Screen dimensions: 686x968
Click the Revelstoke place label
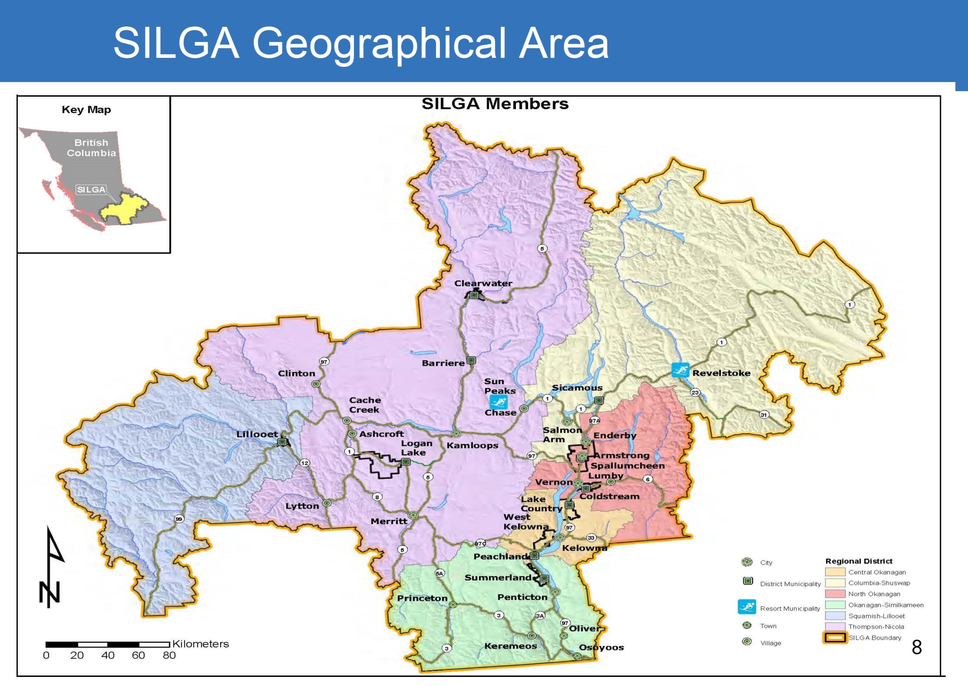pyautogui.click(x=721, y=373)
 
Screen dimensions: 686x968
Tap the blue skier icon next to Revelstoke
pyautogui.click(x=680, y=370)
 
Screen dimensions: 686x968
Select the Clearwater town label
pyautogui.click(x=483, y=283)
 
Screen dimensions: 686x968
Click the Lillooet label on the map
pyautogui.click(x=257, y=434)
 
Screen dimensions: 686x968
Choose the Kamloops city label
pyautogui.click(x=472, y=445)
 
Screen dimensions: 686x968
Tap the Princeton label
pyautogui.click(x=422, y=598)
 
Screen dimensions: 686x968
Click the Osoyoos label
pyautogui.click(x=601, y=647)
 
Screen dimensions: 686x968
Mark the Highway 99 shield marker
pyautogui.click(x=179, y=519)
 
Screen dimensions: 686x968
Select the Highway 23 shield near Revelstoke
pyautogui.click(x=695, y=392)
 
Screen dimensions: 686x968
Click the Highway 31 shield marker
pyautogui.click(x=764, y=415)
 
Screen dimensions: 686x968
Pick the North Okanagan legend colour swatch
pyautogui.click(x=835, y=594)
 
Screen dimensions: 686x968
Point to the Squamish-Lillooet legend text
pyautogui.click(x=876, y=616)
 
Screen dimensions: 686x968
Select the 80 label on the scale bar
pyautogui.click(x=169, y=656)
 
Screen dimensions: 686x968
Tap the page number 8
pyautogui.click(x=917, y=647)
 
